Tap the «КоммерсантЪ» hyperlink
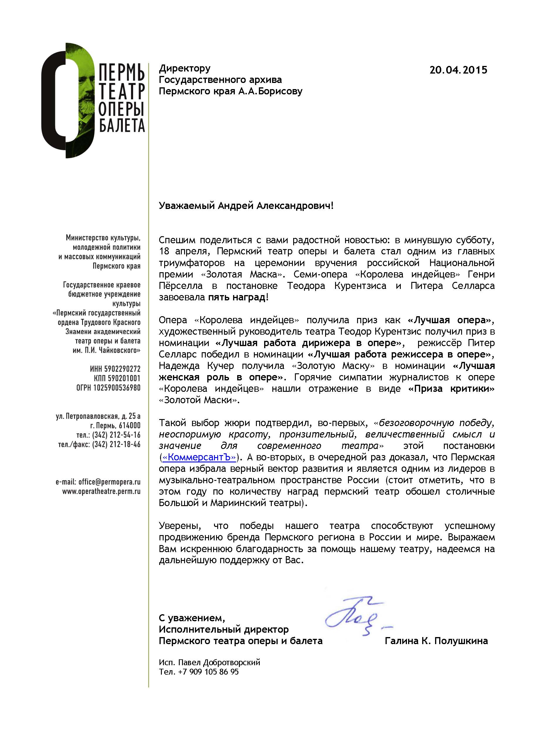[x=199, y=457]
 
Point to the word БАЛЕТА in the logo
[x=122, y=125]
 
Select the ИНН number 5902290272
[x=122, y=369]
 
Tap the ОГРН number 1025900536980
[x=117, y=388]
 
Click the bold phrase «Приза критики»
[x=451, y=389]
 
